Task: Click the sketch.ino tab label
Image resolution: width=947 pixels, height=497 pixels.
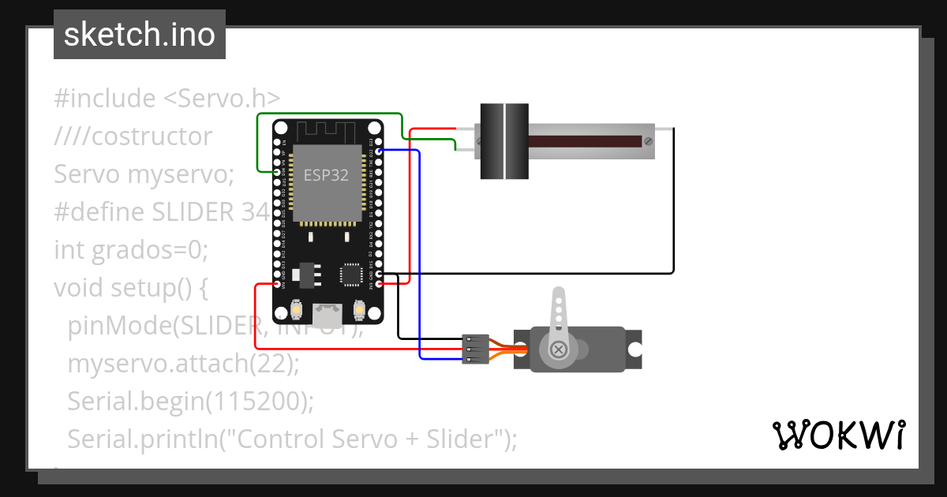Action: pos(139,35)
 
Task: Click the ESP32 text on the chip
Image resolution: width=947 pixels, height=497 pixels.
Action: pos(326,175)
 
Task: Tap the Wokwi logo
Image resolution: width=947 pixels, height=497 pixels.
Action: pos(837,435)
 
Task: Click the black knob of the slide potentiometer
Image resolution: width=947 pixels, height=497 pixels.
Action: pos(504,141)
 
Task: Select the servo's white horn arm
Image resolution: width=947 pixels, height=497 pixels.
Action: pos(559,319)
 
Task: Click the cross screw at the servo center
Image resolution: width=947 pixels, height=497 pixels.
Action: pos(559,349)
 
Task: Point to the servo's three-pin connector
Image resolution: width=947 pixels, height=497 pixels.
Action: pos(471,349)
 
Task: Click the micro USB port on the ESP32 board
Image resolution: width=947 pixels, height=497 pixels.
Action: pos(327,316)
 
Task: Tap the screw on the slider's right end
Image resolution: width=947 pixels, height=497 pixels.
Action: pos(648,142)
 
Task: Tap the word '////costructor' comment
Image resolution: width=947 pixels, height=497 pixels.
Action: pos(133,136)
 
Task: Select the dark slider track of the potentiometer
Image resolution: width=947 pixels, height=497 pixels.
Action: pos(584,142)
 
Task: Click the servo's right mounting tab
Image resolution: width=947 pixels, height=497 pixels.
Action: pos(633,349)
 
